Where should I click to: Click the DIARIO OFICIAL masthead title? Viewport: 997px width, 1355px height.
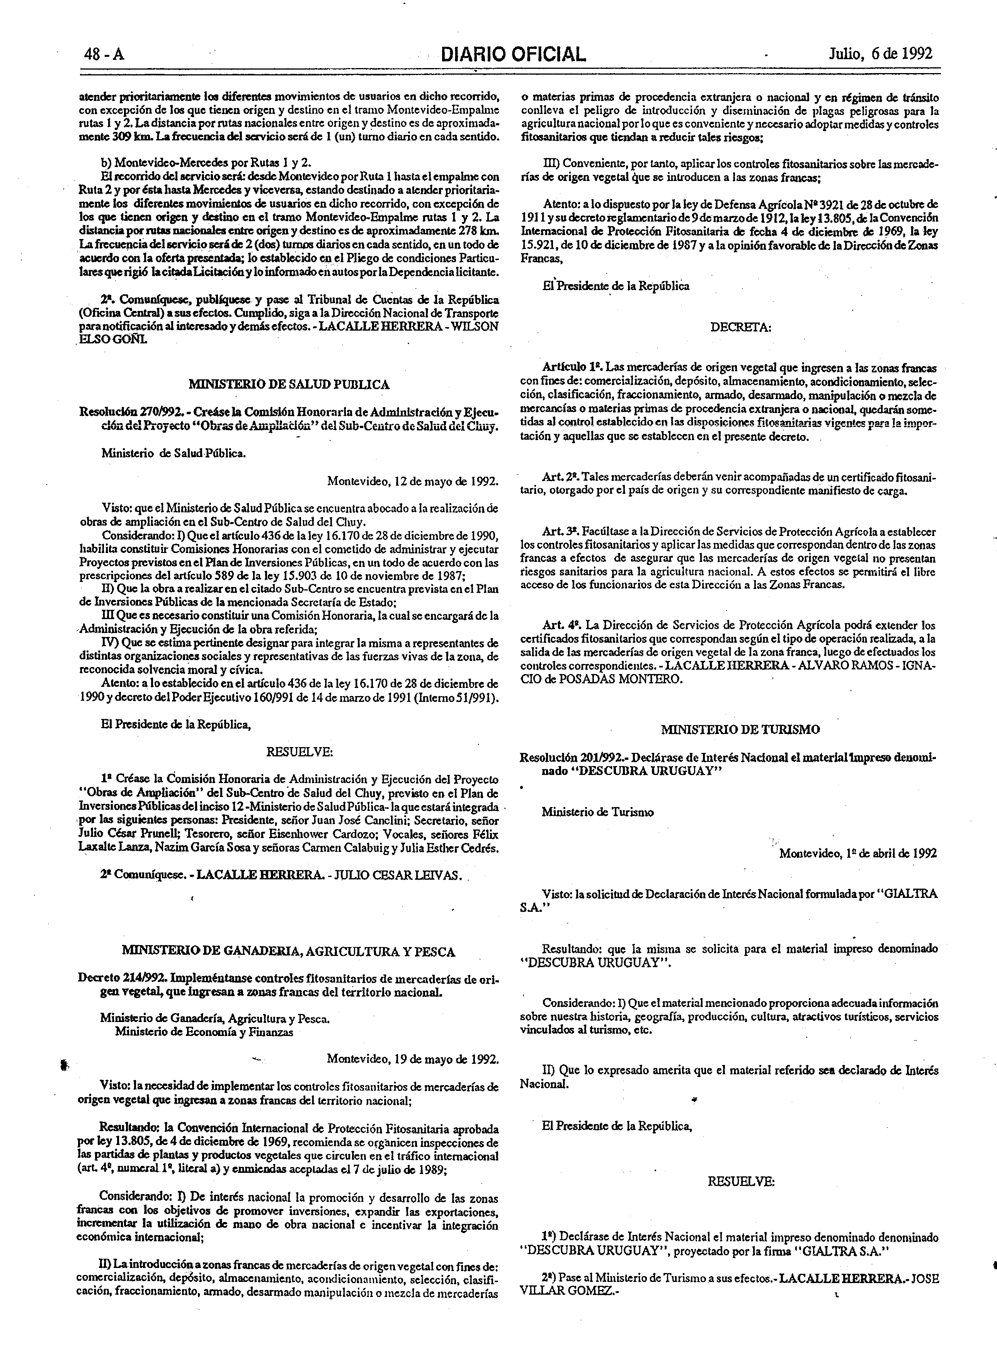(514, 55)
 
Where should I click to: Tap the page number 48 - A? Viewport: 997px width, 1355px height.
(104, 55)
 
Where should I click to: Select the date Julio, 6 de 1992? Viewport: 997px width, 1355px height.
(881, 54)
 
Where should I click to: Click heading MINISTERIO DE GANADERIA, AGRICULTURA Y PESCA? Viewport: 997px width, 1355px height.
(289, 952)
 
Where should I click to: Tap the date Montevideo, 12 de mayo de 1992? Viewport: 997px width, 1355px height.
(413, 481)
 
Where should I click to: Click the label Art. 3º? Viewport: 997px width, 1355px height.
(561, 531)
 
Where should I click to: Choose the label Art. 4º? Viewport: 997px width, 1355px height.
(561, 625)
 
